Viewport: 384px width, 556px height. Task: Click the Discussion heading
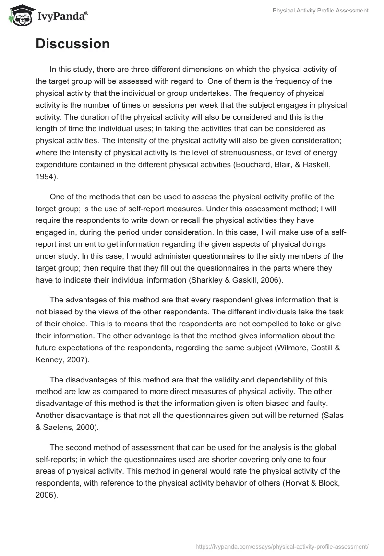coord(72,44)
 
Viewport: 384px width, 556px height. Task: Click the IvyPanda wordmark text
coord(62,17)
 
